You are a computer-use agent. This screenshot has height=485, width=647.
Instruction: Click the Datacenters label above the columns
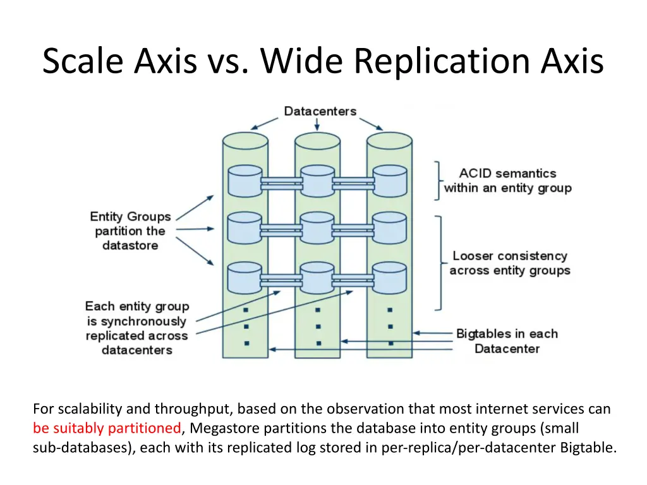[320, 112]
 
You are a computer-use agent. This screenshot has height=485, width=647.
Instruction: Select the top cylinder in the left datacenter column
[245, 180]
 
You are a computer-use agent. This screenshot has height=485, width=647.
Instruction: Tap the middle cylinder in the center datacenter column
[317, 227]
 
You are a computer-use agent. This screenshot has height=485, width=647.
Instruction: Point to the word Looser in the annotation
[473, 256]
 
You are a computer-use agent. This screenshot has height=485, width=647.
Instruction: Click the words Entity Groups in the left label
[130, 217]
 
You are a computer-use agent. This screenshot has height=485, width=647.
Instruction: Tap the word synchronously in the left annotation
[143, 321]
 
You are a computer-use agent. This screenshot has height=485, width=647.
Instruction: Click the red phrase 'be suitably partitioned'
[107, 428]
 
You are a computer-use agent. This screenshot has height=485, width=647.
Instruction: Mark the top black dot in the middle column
[318, 310]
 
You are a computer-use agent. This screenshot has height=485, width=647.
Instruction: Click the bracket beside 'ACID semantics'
[437, 181]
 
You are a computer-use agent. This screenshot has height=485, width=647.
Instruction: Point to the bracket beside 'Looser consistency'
[438, 263]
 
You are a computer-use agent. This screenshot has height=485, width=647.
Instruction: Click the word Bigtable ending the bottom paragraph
[587, 448]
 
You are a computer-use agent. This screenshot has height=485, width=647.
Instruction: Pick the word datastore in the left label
[130, 245]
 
